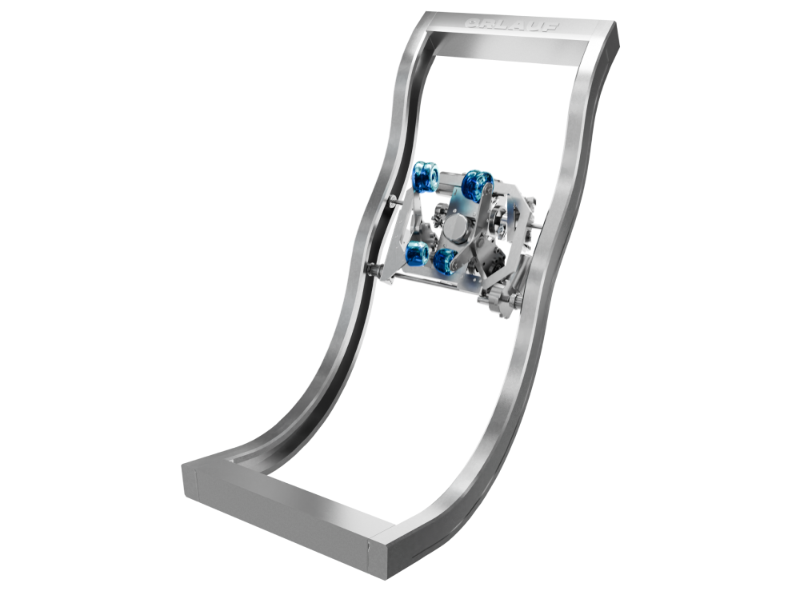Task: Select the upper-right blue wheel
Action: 478,186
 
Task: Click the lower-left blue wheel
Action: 418,254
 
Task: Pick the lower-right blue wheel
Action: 446,260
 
